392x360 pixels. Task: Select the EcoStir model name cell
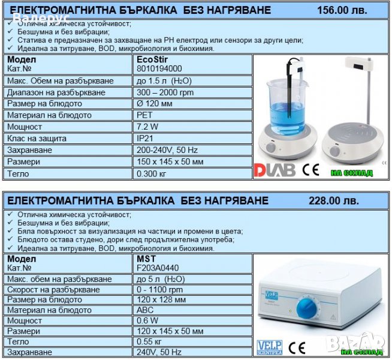[x=152, y=60]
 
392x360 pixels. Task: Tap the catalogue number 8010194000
[x=159, y=69]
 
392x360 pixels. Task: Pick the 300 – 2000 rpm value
[x=164, y=93]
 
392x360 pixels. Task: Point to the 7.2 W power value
[x=148, y=127]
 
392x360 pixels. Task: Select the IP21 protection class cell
[x=146, y=139]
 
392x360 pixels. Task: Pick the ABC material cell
[x=146, y=310]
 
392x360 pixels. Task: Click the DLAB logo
[x=275, y=170]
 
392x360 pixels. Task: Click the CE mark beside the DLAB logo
[x=311, y=170]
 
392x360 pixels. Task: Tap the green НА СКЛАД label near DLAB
[x=352, y=173]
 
